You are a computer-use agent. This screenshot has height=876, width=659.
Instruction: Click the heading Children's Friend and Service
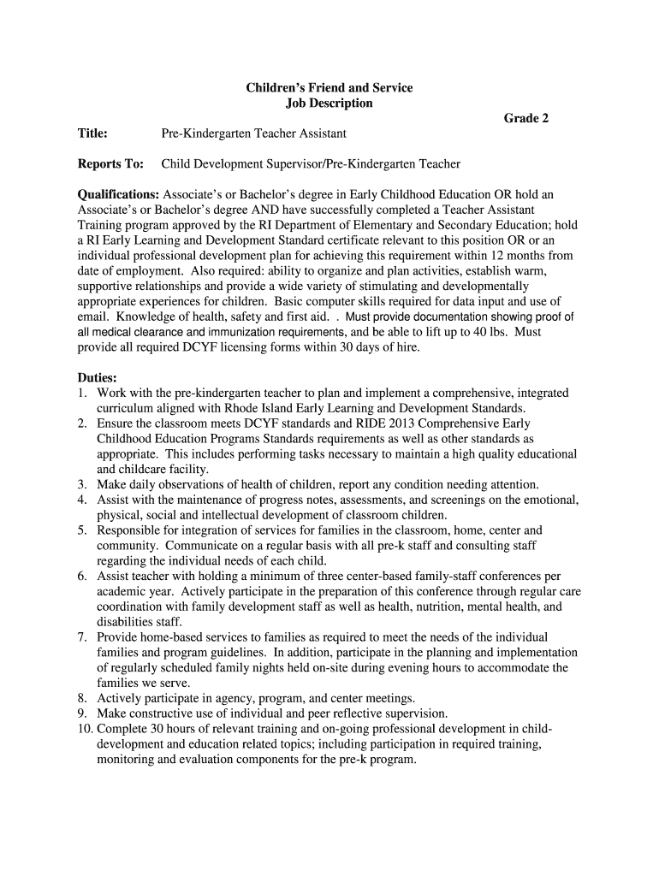(x=329, y=87)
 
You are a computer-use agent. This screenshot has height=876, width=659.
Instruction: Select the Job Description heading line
(x=329, y=103)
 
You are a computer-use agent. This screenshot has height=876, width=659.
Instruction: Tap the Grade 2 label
(x=525, y=118)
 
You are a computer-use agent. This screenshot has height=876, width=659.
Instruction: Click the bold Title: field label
(x=92, y=133)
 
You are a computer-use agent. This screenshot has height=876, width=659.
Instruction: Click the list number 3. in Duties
(x=82, y=484)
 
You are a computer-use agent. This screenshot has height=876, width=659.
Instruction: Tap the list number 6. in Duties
(x=82, y=576)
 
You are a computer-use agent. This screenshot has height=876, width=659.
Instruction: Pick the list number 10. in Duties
(x=85, y=729)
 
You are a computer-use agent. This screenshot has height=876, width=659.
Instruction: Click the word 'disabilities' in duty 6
(x=125, y=622)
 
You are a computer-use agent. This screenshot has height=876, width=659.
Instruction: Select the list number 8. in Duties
(x=82, y=698)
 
